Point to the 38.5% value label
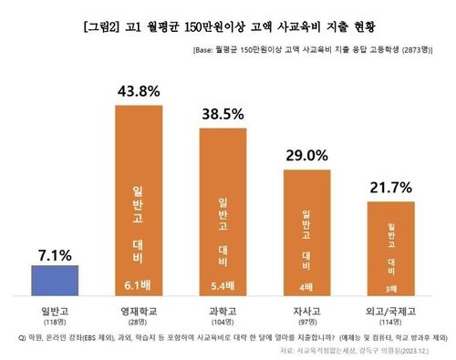click(225, 116)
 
